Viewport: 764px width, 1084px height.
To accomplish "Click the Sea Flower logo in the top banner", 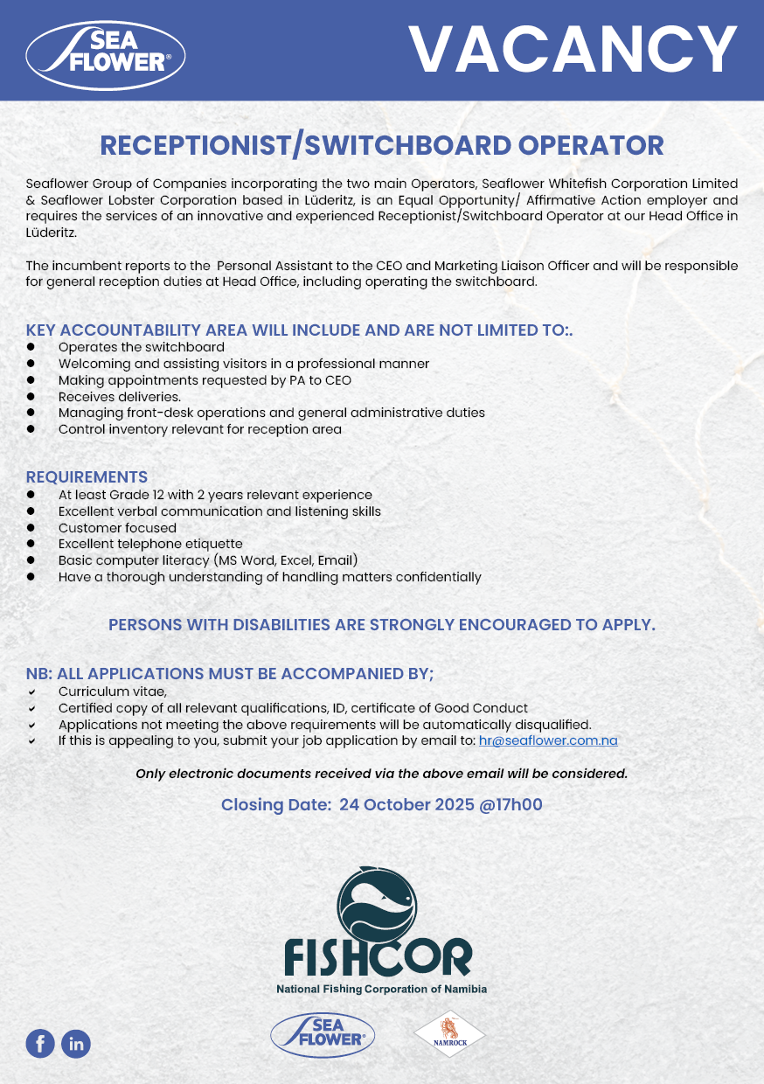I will click(x=106, y=54).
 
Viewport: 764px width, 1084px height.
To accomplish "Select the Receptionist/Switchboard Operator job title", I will click(x=382, y=145).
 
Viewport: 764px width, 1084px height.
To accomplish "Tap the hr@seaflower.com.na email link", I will click(x=548, y=740).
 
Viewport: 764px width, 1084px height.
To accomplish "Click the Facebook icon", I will click(x=40, y=1043).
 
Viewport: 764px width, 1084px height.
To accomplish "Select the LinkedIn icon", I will click(x=76, y=1043).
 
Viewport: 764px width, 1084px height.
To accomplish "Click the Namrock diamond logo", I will click(x=449, y=1034).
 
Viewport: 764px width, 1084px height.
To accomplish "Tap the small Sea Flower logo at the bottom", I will click(x=323, y=1035).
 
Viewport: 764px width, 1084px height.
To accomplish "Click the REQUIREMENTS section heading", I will click(x=87, y=477).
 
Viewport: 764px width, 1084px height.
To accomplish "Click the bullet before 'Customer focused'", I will click(x=31, y=528).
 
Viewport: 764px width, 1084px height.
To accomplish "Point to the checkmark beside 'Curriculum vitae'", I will click(x=31, y=691).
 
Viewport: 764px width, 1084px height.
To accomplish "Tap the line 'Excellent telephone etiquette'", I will click(x=150, y=544).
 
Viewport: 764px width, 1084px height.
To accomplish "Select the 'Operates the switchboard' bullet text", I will click(x=142, y=347).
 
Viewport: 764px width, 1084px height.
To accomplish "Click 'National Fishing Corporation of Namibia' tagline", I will click(x=381, y=990).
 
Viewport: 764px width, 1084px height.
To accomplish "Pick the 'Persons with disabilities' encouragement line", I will click(x=382, y=625).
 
